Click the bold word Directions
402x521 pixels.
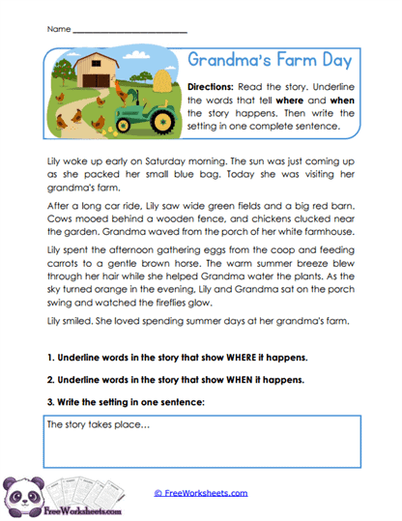tap(211, 86)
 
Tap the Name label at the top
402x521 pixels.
tap(57, 30)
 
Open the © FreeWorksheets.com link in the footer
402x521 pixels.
tap(201, 493)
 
